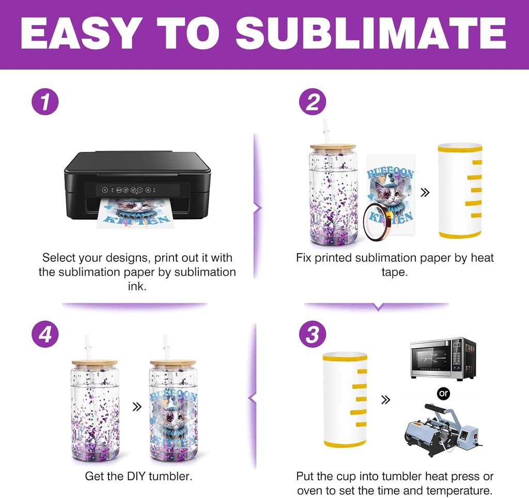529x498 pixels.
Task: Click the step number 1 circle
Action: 45,102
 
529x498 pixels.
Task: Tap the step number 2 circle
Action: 313,102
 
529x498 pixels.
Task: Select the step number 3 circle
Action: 313,334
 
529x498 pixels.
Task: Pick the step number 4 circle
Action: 45,334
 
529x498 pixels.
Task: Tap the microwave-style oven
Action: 443,359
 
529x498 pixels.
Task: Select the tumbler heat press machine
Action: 442,429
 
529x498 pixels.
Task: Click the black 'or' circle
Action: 443,394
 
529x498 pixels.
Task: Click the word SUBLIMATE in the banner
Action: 371,34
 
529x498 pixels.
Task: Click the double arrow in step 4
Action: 137,407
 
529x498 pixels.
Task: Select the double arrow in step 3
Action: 385,400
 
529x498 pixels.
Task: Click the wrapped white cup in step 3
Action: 345,400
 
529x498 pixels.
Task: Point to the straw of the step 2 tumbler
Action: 326,132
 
